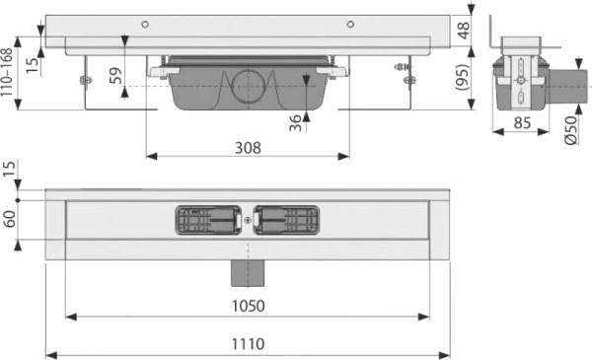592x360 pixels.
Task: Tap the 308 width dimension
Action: click(x=248, y=147)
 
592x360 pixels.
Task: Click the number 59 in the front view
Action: click(x=116, y=75)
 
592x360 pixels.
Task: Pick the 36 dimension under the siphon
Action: click(x=294, y=121)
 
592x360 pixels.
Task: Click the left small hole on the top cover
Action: click(x=144, y=24)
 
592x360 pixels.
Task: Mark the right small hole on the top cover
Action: click(x=349, y=24)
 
